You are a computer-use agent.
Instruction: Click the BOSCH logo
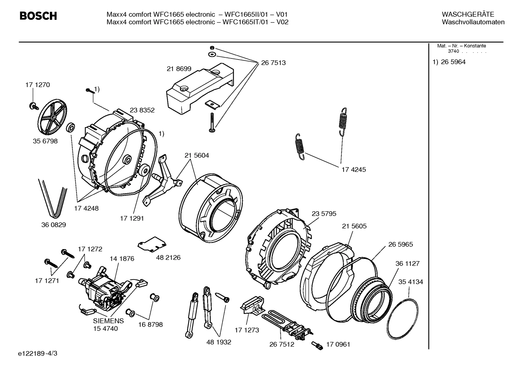(x=38, y=16)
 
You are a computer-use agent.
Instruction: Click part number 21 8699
(x=179, y=69)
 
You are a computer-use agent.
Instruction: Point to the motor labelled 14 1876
(x=105, y=287)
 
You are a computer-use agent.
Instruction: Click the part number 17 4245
(x=354, y=169)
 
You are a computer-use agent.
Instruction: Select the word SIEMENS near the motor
(x=108, y=321)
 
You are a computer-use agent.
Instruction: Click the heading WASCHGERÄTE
(x=468, y=14)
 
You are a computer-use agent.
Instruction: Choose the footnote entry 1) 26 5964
(x=449, y=62)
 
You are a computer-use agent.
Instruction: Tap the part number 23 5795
(x=324, y=214)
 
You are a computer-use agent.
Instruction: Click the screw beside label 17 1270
(x=33, y=105)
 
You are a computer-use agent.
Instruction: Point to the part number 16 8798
(x=150, y=324)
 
